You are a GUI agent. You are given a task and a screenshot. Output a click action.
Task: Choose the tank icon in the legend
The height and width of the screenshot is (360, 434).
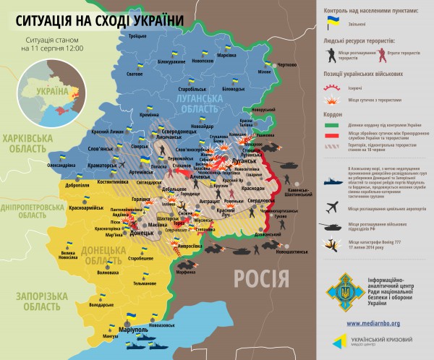[334, 226]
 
